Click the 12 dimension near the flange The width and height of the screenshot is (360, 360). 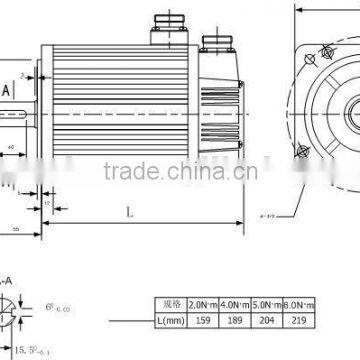(47, 203)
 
